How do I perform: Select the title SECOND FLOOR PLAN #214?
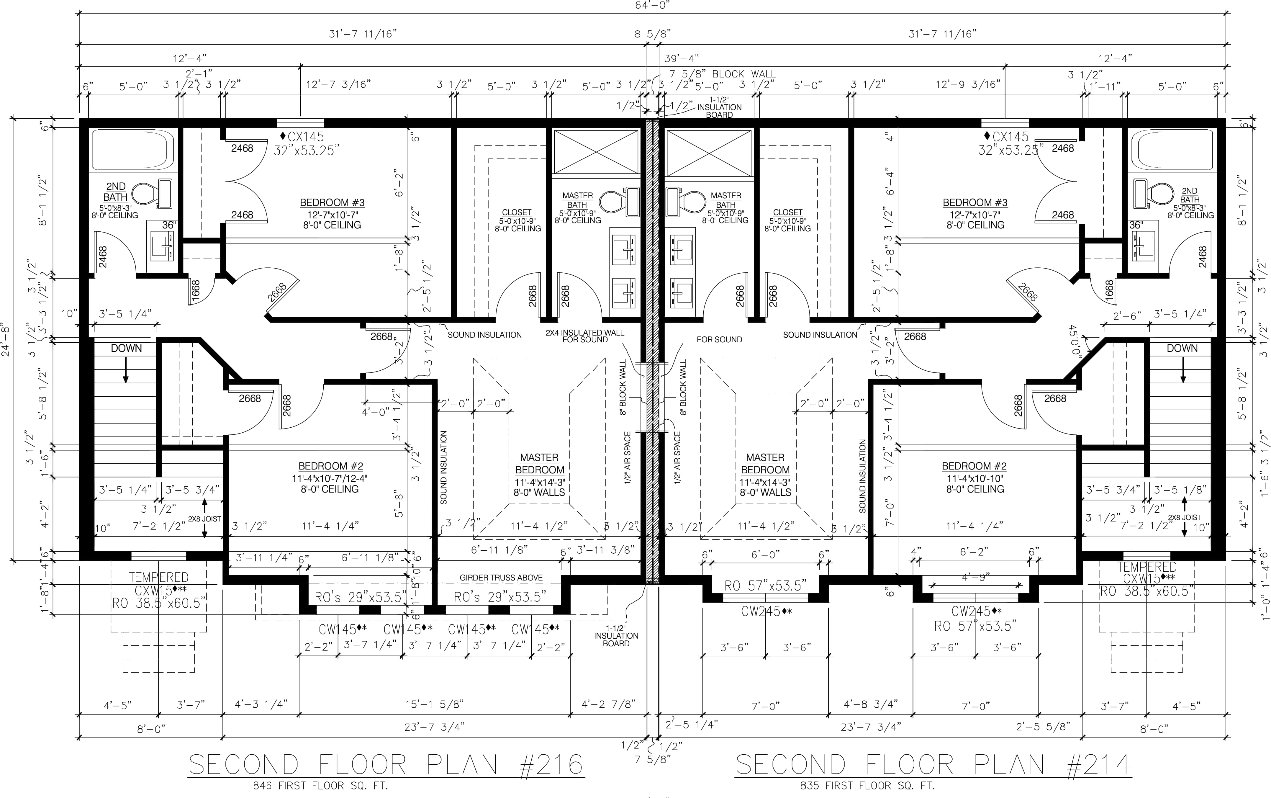(x=933, y=764)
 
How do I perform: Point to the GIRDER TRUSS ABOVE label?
(x=501, y=578)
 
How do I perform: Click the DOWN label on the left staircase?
(x=126, y=348)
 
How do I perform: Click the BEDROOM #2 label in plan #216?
(x=331, y=466)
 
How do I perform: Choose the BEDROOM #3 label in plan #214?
(x=975, y=203)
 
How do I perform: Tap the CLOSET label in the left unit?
(x=517, y=212)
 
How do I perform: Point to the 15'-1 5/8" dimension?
(x=434, y=704)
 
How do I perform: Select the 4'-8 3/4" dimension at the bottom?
(x=871, y=704)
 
